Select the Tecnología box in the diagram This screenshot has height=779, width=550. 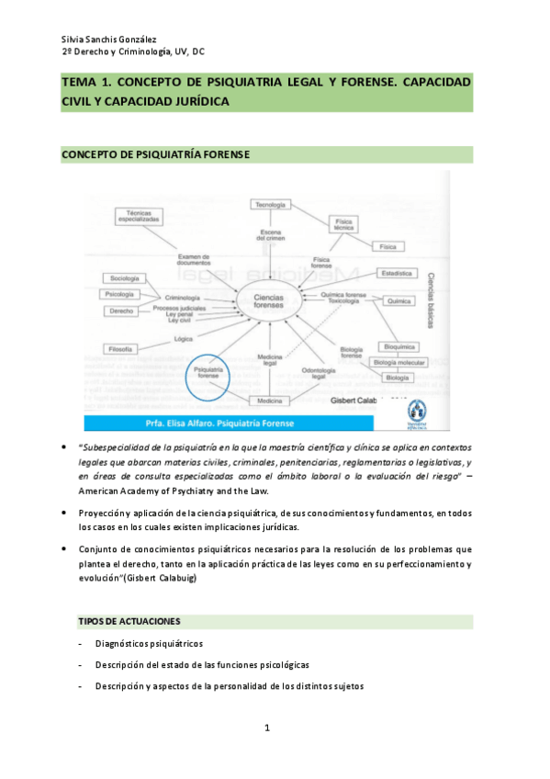(270, 204)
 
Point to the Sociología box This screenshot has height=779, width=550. (124, 277)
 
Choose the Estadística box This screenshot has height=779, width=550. (397, 274)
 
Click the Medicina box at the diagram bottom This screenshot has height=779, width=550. (269, 401)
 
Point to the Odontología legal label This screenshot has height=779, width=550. (319, 372)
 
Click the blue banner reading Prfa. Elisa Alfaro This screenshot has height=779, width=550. (229, 423)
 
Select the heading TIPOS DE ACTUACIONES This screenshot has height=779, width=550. (129, 621)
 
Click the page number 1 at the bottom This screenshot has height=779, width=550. (266, 728)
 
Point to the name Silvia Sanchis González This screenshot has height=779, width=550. (107, 40)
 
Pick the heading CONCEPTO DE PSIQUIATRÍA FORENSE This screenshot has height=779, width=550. (154, 153)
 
